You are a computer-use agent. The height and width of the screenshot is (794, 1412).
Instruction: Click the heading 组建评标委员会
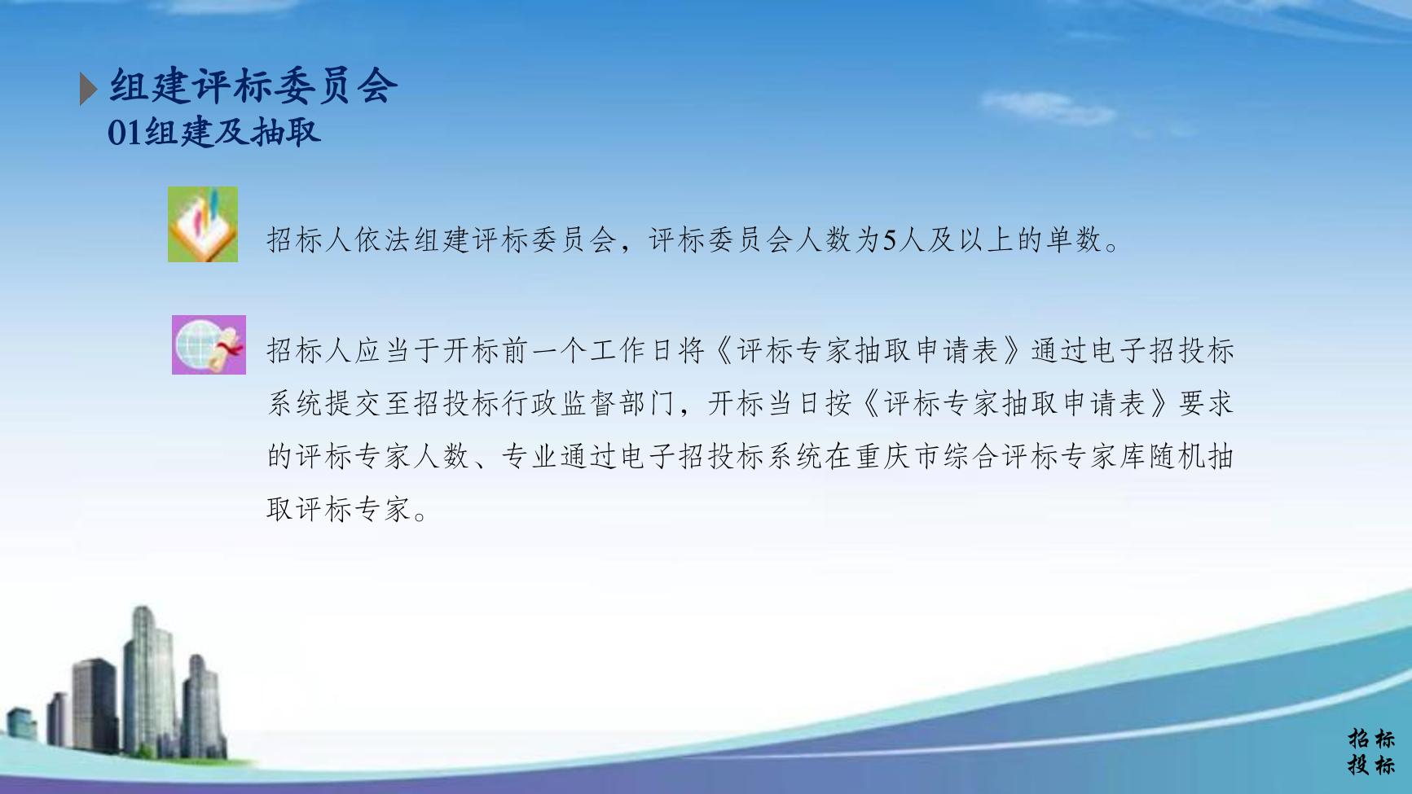(x=253, y=86)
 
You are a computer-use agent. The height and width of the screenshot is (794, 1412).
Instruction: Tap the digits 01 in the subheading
(x=125, y=132)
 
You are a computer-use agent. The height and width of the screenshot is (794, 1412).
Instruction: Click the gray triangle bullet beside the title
(x=88, y=89)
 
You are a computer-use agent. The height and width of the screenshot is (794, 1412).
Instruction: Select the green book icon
(x=203, y=224)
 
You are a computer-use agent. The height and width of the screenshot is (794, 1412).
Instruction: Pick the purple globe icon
(x=209, y=344)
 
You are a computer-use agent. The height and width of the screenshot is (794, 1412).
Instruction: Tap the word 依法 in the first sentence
(x=383, y=240)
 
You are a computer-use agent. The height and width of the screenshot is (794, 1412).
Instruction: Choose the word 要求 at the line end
(x=1206, y=404)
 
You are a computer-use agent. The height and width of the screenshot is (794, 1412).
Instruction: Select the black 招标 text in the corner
(x=1370, y=739)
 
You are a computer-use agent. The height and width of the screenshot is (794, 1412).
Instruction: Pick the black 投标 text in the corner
(x=1370, y=765)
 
